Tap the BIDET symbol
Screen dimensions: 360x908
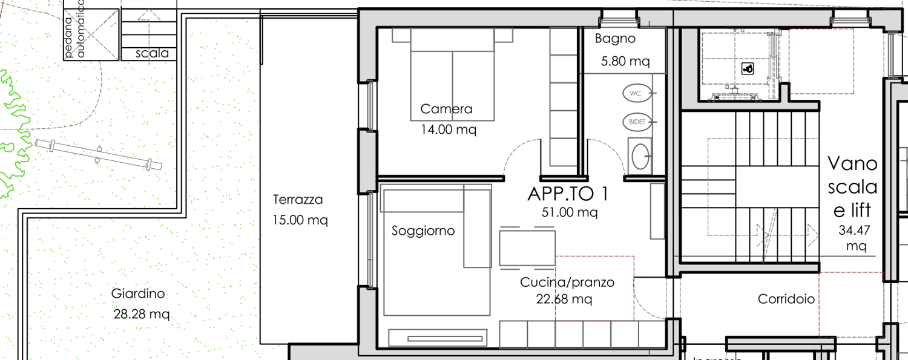coord(637,122)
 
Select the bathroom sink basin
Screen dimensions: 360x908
coord(639,156)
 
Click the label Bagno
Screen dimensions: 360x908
coord(615,39)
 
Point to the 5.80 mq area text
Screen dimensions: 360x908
coord(625,61)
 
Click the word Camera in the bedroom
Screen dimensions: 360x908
coord(446,109)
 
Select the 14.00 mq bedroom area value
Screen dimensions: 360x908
coord(449,129)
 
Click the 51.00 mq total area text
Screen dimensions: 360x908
coord(569,212)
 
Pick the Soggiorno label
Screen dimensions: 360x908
coord(423,231)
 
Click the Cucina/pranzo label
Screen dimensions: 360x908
coord(567,282)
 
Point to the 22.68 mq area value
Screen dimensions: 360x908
coord(564,299)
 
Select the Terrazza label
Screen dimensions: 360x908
coord(297,199)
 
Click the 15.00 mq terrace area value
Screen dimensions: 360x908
coord(300,220)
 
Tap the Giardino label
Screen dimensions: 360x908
coord(138,293)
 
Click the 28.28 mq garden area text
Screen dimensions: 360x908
coord(141,315)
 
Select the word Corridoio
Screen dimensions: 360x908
coord(786,299)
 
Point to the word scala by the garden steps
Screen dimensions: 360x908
coord(152,53)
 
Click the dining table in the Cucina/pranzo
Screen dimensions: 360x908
coord(527,247)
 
